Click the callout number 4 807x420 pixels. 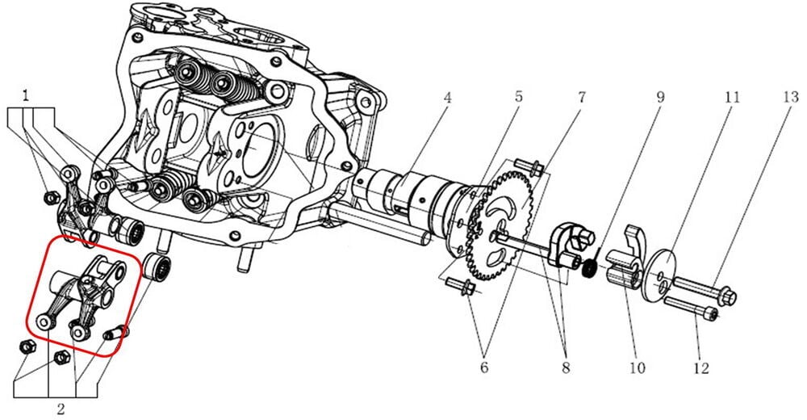tap(447, 99)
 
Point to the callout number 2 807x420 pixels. tap(61, 408)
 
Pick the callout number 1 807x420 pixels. tap(27, 95)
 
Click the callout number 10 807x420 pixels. tap(638, 368)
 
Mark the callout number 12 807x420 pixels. tap(700, 368)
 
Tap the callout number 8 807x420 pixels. tap(563, 368)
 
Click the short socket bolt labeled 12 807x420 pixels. tap(693, 309)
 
